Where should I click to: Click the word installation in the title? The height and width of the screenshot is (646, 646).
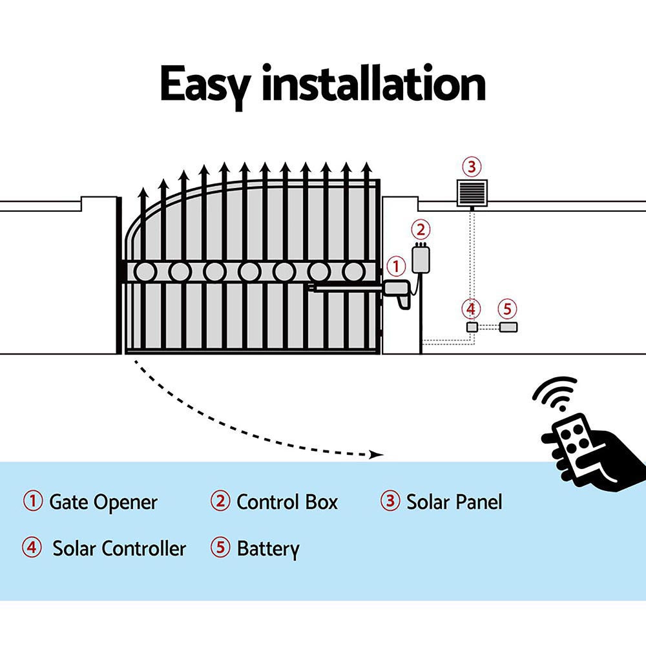(x=373, y=84)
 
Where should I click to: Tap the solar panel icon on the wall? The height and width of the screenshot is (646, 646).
(x=471, y=193)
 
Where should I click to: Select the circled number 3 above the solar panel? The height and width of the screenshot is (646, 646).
(x=471, y=167)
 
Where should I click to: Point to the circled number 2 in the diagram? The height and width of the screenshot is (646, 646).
(x=421, y=229)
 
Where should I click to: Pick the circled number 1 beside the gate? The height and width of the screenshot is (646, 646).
(x=395, y=266)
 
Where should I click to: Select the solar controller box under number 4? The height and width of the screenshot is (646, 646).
(x=473, y=327)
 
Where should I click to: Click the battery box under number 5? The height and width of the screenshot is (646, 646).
(x=508, y=327)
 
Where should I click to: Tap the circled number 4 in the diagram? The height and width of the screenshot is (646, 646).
(x=472, y=308)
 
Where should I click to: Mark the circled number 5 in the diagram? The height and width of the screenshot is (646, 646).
(x=508, y=308)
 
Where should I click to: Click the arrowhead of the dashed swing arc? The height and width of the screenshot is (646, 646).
(x=377, y=455)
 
